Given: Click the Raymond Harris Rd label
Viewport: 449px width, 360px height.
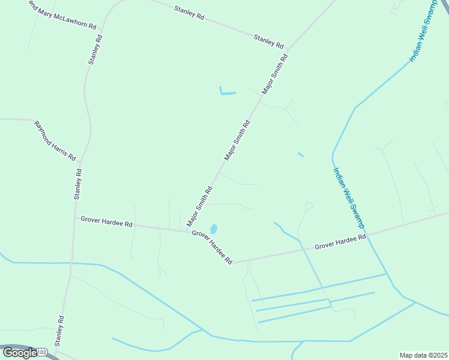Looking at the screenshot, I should [55, 141].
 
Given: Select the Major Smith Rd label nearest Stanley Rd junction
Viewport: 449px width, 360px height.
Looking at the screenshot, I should [275, 74].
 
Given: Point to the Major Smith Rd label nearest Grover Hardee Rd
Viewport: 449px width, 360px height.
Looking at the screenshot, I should [200, 206].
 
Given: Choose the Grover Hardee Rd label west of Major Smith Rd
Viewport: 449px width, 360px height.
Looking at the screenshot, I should [106, 222].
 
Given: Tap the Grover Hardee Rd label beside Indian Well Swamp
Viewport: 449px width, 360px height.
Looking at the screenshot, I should [340, 242].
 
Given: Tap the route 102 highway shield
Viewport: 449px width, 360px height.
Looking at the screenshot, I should [42, 352].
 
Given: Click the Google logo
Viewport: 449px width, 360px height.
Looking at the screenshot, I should [20, 352].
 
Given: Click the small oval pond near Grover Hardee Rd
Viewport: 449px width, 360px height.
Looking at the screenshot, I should [213, 229].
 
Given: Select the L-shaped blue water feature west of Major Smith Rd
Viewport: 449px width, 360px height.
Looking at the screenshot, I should [227, 92].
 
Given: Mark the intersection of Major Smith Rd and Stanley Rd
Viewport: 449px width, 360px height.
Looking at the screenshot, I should [289, 50].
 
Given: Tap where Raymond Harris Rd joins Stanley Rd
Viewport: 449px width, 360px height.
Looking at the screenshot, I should [80, 161].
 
